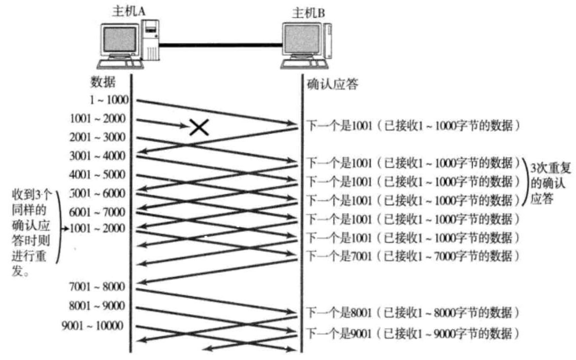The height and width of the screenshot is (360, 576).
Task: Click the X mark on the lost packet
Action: [199, 127]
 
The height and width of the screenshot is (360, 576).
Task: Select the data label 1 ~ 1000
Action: [109, 100]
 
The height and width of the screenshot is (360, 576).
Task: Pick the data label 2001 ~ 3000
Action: [98, 137]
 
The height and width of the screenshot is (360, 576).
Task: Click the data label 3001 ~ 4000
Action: [98, 156]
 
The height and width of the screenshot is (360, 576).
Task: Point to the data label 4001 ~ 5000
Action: [98, 175]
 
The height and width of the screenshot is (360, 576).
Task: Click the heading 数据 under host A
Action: [102, 82]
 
